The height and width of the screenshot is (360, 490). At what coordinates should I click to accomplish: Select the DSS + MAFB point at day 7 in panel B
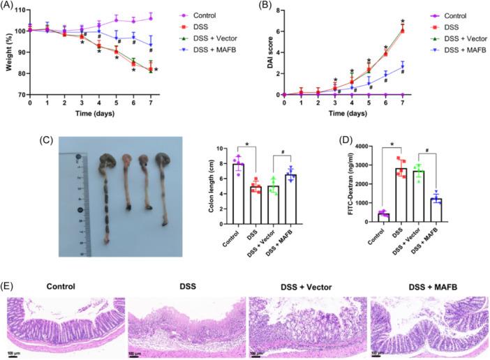click(403, 66)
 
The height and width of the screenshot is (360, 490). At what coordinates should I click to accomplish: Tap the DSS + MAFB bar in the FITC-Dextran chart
click(438, 209)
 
